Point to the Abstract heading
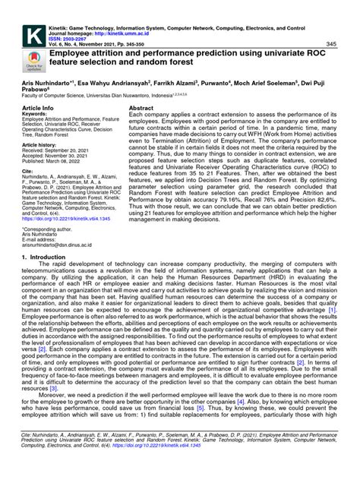[x=144, y=109]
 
